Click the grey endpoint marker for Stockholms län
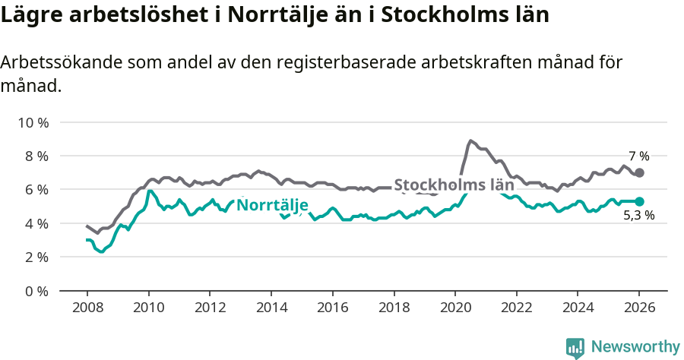pos(639,172)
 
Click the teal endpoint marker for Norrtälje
pos(639,201)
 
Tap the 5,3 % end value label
pos(638,216)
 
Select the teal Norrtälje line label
pos(272,205)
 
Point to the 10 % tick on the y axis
pos(33,122)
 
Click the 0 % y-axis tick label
pos(36,291)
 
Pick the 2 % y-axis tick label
pos(36,257)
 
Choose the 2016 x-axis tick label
pos(332,309)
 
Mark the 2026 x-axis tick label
pos(638,309)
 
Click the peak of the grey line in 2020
pos(470,141)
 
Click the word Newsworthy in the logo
pos(635,346)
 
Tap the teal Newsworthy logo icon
pos(575,347)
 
